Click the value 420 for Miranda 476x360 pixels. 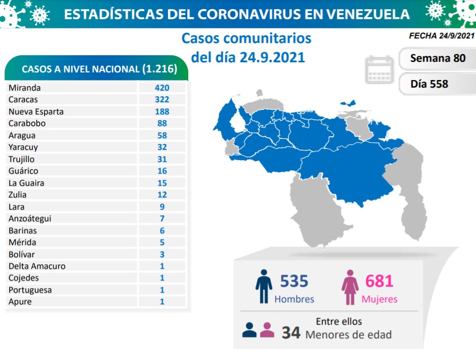(162, 88)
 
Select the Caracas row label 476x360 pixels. (23, 100)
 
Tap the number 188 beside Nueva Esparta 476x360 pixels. (162, 111)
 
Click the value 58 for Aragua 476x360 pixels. (162, 135)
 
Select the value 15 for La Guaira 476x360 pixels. (162, 183)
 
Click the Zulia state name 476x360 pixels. (18, 194)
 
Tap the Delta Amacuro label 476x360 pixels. (37, 266)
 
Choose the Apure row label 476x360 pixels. (20, 302)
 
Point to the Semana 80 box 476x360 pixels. (438, 58)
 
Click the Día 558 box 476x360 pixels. (429, 84)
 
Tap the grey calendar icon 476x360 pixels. (379, 70)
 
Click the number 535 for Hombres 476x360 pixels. (294, 281)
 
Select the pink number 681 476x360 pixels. (379, 281)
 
